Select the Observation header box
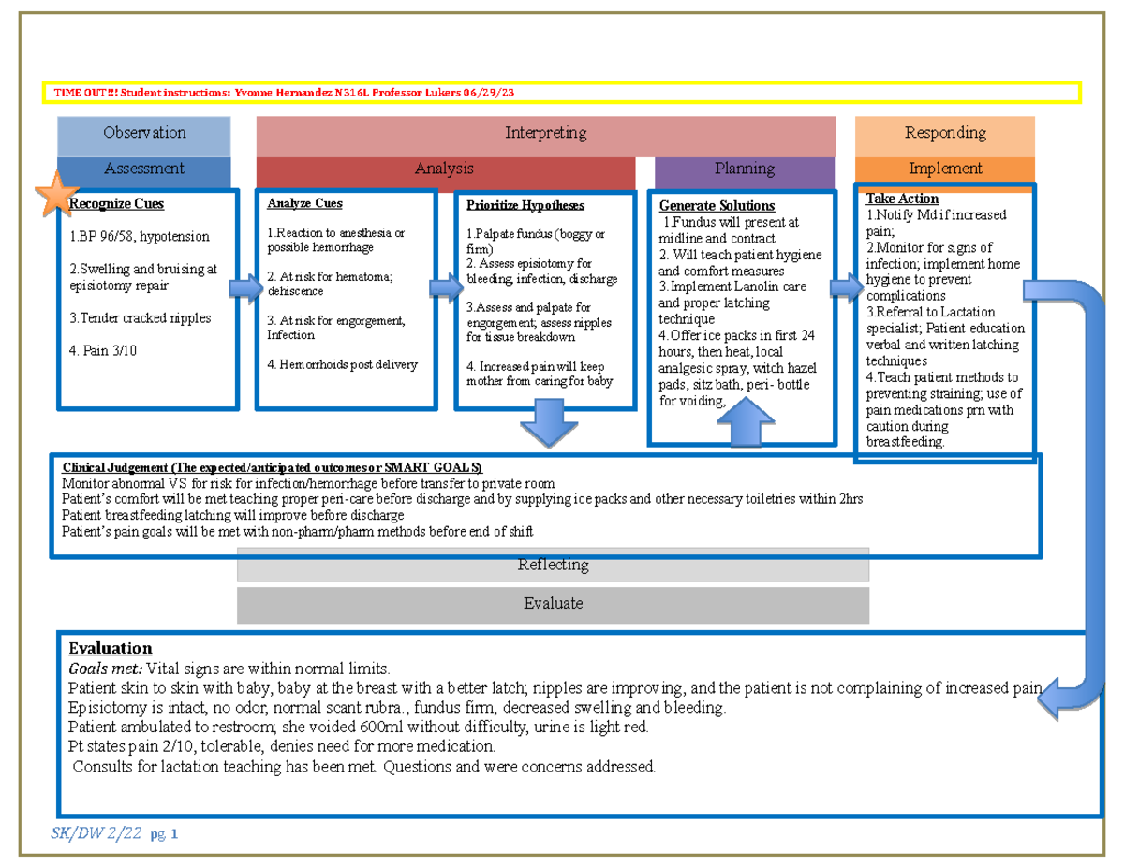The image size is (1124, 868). [144, 133]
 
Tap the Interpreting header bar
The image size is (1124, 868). [545, 134]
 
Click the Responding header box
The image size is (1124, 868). [944, 133]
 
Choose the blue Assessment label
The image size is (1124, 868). [144, 169]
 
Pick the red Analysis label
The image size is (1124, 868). [444, 169]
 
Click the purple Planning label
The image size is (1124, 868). [744, 169]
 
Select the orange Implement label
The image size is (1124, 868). [944, 169]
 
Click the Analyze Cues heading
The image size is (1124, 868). [304, 203]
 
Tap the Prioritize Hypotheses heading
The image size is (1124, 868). [525, 205]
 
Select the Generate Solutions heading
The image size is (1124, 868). [717, 205]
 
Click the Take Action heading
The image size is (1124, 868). [901, 199]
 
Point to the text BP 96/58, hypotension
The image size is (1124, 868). [140, 237]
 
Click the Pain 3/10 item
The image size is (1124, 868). [103, 351]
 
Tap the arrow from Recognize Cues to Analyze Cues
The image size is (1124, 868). [246, 289]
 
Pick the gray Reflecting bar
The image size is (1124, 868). [553, 565]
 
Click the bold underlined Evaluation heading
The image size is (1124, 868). [110, 648]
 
